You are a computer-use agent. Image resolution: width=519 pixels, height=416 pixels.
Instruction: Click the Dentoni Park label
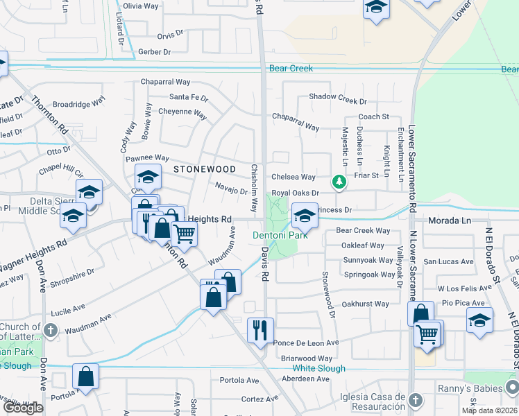click(x=279, y=236)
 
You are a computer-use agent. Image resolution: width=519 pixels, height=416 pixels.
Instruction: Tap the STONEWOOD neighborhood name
click(x=205, y=169)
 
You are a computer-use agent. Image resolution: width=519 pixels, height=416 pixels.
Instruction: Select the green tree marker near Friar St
click(x=339, y=182)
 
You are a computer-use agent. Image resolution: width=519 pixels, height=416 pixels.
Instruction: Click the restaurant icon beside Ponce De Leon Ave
click(x=261, y=329)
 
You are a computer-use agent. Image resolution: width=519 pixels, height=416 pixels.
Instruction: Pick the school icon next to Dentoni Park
click(x=304, y=215)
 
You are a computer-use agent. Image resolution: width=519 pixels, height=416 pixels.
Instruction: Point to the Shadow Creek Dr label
click(x=337, y=96)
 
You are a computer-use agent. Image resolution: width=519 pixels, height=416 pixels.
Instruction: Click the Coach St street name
click(x=373, y=117)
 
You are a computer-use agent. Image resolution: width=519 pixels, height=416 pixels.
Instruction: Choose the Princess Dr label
click(x=334, y=209)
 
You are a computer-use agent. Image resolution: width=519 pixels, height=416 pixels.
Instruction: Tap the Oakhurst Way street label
click(x=366, y=304)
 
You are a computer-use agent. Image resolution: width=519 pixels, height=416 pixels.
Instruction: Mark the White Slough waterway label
click(x=318, y=368)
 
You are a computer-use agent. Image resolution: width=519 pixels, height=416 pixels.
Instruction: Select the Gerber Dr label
click(x=154, y=52)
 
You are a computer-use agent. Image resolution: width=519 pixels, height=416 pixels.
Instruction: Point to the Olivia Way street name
click(x=142, y=6)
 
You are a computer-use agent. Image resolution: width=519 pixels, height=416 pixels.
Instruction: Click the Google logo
click(x=22, y=408)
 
